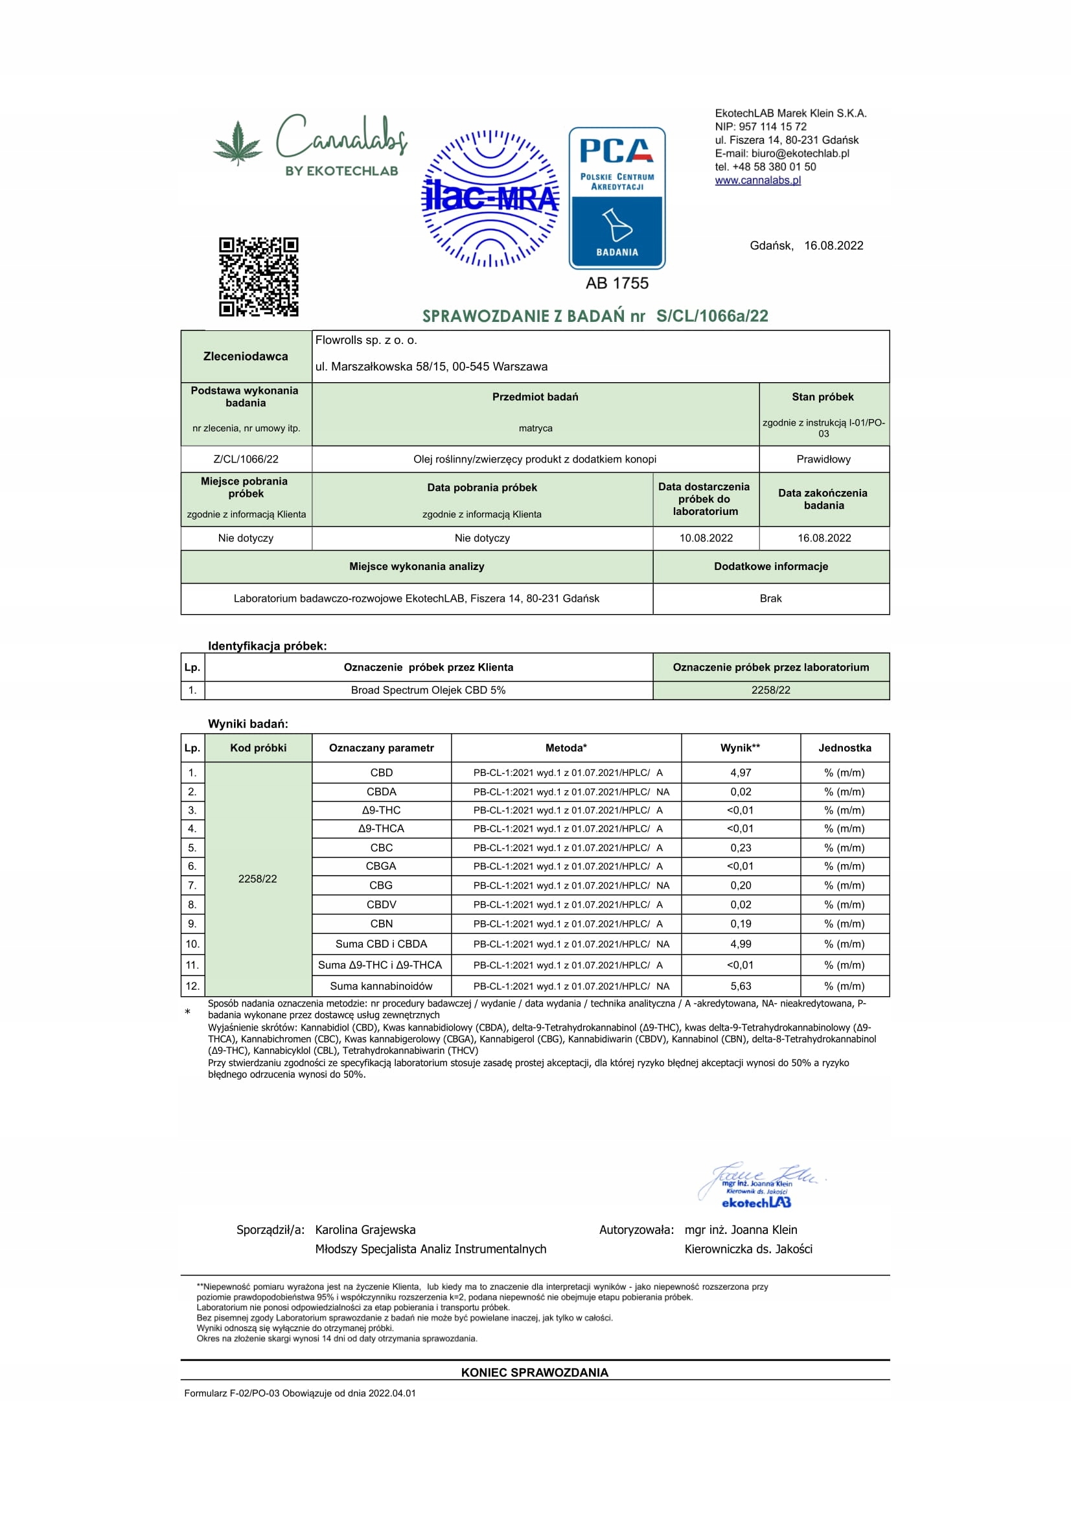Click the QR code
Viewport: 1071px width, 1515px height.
tap(258, 277)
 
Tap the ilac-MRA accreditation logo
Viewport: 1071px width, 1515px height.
tap(490, 198)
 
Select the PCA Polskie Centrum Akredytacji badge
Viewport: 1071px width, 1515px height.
tap(617, 198)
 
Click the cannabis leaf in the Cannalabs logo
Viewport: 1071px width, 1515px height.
tap(238, 142)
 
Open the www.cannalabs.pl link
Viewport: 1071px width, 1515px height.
tap(757, 180)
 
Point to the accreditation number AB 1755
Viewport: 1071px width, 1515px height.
tap(617, 283)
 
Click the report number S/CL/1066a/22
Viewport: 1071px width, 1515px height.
tap(712, 316)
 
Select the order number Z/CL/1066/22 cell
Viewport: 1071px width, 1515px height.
tap(246, 459)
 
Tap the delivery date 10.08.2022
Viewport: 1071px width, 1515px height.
tap(706, 538)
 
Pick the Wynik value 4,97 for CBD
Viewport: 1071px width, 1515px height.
tap(741, 773)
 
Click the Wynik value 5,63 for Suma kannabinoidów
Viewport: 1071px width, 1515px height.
tap(741, 986)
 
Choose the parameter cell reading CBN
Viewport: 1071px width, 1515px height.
tap(382, 924)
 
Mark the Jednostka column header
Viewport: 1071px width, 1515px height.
tap(845, 747)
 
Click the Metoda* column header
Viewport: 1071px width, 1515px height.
tap(566, 747)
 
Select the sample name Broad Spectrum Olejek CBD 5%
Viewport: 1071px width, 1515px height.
tap(428, 690)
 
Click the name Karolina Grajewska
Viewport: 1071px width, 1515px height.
tap(365, 1230)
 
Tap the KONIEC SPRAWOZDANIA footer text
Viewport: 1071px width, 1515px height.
tap(535, 1373)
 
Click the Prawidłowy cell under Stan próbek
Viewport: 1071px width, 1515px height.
tap(823, 459)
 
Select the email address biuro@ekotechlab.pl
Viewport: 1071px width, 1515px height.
tap(800, 154)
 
